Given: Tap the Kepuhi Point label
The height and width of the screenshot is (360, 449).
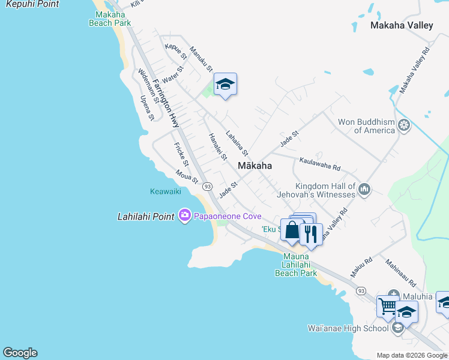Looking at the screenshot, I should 29,4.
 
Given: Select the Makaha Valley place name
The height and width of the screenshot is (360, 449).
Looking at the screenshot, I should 402,25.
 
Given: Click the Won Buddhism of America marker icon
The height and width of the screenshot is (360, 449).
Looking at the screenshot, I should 405,126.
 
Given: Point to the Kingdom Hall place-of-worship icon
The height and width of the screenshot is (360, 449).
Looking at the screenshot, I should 364,191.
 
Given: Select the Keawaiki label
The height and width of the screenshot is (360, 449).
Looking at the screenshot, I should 165,192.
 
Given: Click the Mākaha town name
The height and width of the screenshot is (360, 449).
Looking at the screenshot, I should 255,166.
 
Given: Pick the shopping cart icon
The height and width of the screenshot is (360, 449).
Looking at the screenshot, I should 387,306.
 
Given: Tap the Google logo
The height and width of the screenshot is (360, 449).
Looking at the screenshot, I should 20,353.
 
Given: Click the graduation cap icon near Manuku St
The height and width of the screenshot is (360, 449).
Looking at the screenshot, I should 225,84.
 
